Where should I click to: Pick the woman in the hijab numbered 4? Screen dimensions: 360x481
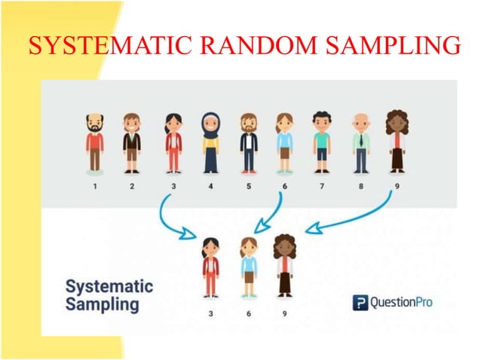[210, 142]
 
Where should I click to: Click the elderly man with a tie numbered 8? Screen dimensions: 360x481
[361, 142]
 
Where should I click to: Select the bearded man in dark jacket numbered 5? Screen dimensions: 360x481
[248, 142]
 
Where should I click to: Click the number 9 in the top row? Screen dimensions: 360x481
[398, 185]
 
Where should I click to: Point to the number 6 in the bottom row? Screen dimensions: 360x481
[248, 313]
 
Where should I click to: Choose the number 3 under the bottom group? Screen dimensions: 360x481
[210, 313]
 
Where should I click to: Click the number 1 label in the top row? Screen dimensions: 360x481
[95, 185]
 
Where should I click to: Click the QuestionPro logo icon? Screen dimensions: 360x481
[360, 304]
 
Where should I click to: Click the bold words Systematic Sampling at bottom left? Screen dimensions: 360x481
[109, 296]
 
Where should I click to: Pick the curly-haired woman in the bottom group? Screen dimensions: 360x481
[284, 264]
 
